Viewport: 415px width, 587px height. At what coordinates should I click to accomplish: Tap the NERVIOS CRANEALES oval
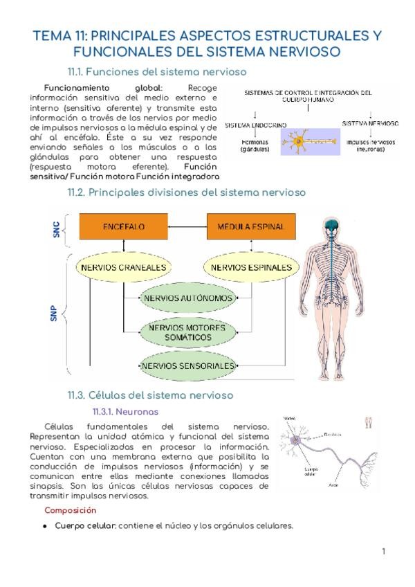pos(124,267)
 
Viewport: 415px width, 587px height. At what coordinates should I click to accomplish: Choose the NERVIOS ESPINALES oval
pos(251,267)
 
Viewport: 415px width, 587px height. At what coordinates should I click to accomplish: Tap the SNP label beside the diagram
pos(53,316)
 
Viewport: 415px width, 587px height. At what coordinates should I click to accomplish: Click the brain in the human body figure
pos(333,226)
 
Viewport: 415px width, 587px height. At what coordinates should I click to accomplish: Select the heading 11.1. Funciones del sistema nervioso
pos(157,72)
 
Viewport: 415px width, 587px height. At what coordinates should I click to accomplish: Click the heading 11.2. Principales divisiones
pos(186,192)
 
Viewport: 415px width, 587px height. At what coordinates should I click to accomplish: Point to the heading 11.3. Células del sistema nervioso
pos(160,395)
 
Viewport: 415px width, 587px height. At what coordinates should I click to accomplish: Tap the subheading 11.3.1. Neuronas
pos(125,411)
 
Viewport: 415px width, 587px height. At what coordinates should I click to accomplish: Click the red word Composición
pos(71,510)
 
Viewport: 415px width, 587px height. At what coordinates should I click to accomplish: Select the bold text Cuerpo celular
pos(85,525)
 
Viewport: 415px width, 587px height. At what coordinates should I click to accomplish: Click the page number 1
pos(383,552)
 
